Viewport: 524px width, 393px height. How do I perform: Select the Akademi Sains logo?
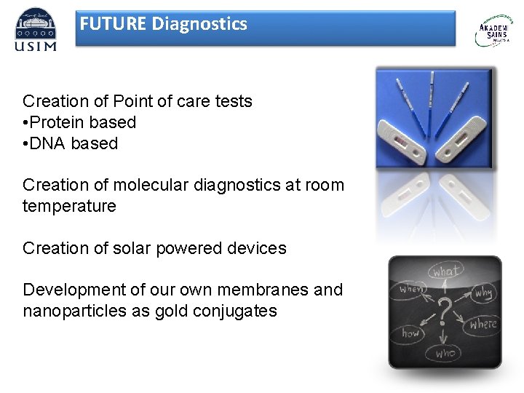[x=493, y=31]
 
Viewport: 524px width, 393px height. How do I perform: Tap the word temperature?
[x=69, y=206]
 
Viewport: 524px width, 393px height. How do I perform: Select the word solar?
[x=127, y=248]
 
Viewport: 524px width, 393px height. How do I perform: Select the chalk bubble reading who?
[x=444, y=353]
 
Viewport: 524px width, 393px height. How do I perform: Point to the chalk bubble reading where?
[x=483, y=324]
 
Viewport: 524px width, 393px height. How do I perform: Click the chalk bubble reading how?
[x=411, y=333]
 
